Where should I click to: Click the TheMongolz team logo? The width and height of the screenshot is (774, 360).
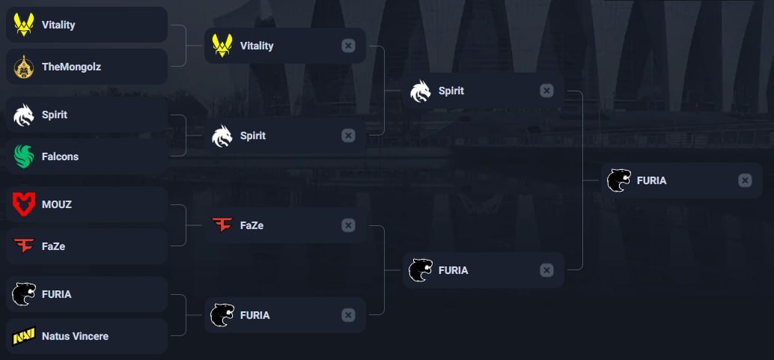coord(24,67)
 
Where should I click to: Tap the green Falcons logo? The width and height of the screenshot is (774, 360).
coord(24,156)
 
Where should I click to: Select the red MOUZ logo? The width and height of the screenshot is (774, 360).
coord(24,204)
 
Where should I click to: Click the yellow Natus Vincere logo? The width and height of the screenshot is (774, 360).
coord(24,336)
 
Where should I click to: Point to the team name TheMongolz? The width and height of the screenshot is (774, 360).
coord(71,67)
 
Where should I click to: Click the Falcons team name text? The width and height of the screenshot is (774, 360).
coord(60,156)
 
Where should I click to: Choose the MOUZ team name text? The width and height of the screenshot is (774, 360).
coord(57,204)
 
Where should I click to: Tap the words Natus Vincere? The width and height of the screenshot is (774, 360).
coord(75,336)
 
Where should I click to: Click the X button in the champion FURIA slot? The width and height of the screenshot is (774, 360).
coord(745,180)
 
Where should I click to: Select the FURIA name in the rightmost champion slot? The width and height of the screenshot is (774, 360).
coord(651,180)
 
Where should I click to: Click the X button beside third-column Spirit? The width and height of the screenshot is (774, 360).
coord(546,91)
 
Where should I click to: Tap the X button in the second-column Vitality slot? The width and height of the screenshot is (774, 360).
coord(348,46)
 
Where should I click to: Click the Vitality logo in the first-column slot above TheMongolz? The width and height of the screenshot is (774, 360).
coord(24,25)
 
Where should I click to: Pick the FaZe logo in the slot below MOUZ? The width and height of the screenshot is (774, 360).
coord(24,245)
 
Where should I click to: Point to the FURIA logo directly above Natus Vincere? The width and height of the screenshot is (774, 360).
coord(24,294)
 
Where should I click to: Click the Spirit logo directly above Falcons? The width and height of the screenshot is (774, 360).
coord(24,115)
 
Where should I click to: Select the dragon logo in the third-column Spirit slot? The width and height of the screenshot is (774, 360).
coord(421,91)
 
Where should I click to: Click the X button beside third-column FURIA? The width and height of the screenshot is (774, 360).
coord(546,270)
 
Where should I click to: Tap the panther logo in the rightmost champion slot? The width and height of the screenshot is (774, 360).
coord(619,180)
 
